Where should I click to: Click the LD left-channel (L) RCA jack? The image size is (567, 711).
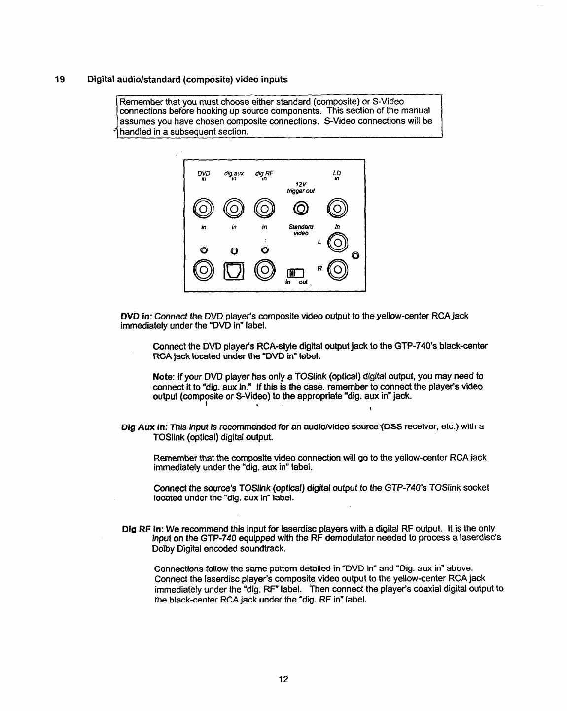coord(337,242)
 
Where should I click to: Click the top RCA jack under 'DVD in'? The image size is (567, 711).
coord(204,211)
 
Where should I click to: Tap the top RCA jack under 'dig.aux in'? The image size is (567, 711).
coord(234,211)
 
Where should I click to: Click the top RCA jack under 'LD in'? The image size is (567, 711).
coord(337,211)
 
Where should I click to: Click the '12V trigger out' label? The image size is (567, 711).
coord(300,188)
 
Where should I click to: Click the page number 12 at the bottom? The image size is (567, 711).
coord(283,679)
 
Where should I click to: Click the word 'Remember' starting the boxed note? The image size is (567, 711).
coord(138,102)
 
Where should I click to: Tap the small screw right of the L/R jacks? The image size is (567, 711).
coord(356,255)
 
